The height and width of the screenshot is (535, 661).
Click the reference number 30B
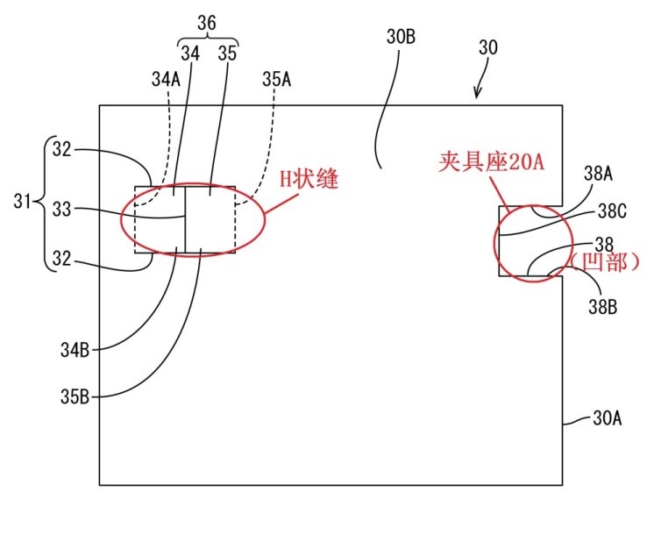click(401, 37)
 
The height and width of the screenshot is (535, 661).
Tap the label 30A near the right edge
click(608, 418)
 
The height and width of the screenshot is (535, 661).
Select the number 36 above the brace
click(207, 23)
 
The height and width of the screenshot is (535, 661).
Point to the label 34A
click(166, 79)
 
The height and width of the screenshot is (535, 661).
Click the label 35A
click(276, 79)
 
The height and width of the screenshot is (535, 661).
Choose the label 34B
click(75, 350)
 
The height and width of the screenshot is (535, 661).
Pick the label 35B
click(75, 396)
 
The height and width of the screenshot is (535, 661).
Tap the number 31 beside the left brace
click(22, 202)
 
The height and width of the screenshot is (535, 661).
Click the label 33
click(61, 209)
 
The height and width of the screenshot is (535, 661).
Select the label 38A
click(598, 174)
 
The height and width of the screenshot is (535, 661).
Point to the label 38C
click(612, 211)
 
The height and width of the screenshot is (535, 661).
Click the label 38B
click(603, 307)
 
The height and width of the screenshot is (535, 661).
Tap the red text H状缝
click(309, 179)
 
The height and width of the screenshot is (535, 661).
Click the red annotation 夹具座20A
click(492, 161)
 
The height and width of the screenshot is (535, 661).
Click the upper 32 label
click(61, 149)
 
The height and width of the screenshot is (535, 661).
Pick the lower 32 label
click(61, 259)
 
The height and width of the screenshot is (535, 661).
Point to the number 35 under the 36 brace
click(227, 53)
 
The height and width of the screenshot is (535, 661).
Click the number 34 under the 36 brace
click(190, 53)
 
